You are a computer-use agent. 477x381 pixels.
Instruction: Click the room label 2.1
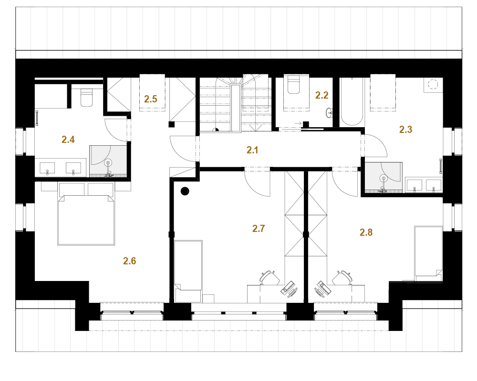tap(252, 150)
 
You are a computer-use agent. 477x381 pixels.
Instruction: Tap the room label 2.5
tap(151, 99)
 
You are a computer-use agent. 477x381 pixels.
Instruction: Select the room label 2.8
tap(366, 232)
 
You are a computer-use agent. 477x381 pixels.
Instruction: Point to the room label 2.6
tap(130, 261)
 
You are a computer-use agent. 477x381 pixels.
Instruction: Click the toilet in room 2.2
tap(294, 84)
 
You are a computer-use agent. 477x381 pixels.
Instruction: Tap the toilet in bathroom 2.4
tap(86, 98)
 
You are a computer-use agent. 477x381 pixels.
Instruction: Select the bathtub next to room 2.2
tap(352, 102)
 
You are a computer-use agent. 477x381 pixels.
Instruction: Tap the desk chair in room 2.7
tap(270, 277)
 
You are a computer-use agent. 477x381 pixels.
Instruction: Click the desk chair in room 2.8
tap(342, 277)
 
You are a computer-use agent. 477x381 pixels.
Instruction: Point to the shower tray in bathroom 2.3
tap(384, 178)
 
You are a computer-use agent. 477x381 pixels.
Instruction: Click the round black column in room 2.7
tap(185, 191)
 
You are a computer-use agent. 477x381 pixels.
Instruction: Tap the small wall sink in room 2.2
tap(330, 113)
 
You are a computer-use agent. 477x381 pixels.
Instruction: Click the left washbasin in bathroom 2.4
tap(47, 168)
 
